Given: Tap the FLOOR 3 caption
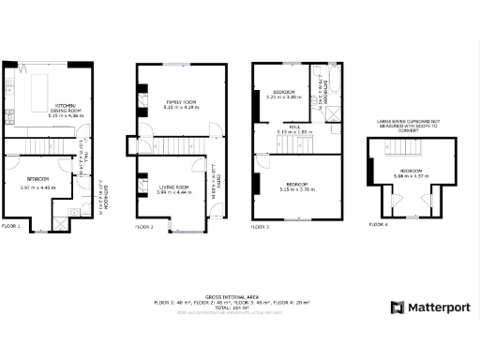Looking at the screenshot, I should [x=260, y=227].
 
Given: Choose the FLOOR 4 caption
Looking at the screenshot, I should [x=377, y=225].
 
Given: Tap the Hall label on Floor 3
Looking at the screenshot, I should [x=293, y=129].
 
